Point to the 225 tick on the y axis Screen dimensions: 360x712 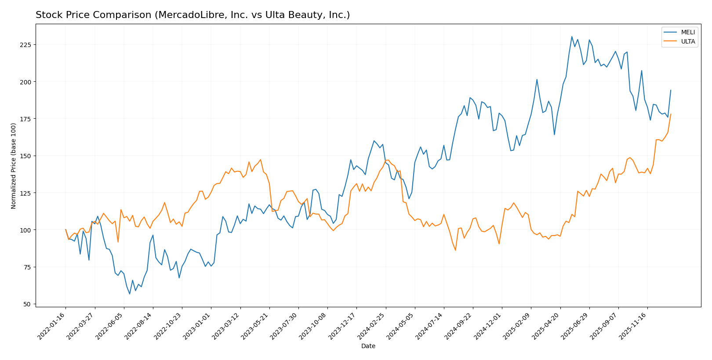point(27,45)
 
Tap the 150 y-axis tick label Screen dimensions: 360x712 point(27,156)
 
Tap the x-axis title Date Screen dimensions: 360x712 point(368,346)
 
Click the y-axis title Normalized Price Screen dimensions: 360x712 point(14,166)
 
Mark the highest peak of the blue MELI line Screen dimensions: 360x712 point(572,36)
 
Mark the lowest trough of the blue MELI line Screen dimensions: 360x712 point(130,294)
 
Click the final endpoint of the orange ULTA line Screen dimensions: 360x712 point(671,114)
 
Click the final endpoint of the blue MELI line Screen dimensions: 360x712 point(671,90)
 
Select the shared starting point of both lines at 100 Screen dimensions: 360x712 point(65,229)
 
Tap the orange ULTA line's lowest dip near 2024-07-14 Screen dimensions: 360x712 point(455,250)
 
